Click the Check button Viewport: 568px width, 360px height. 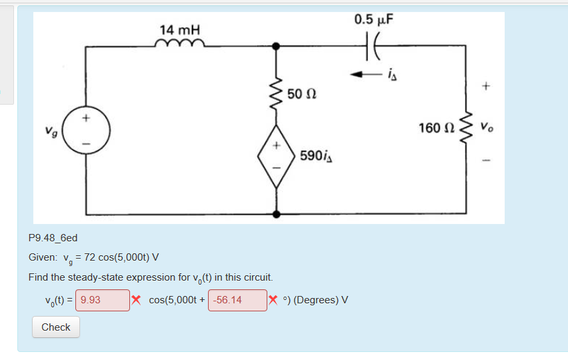55,327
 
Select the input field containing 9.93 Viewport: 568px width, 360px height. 103,300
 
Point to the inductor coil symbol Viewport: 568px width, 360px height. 179,44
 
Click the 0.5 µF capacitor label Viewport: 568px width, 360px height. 374,19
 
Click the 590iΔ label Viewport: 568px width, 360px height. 317,156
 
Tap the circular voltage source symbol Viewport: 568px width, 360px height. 83,131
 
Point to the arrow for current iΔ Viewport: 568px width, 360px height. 365,73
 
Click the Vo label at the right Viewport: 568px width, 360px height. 490,127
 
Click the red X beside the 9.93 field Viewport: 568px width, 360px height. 135,299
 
